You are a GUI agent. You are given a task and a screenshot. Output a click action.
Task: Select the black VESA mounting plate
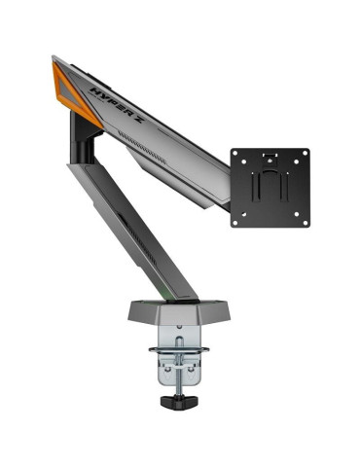[x=270, y=188]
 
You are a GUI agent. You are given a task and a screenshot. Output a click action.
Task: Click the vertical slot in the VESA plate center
[x=270, y=190]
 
